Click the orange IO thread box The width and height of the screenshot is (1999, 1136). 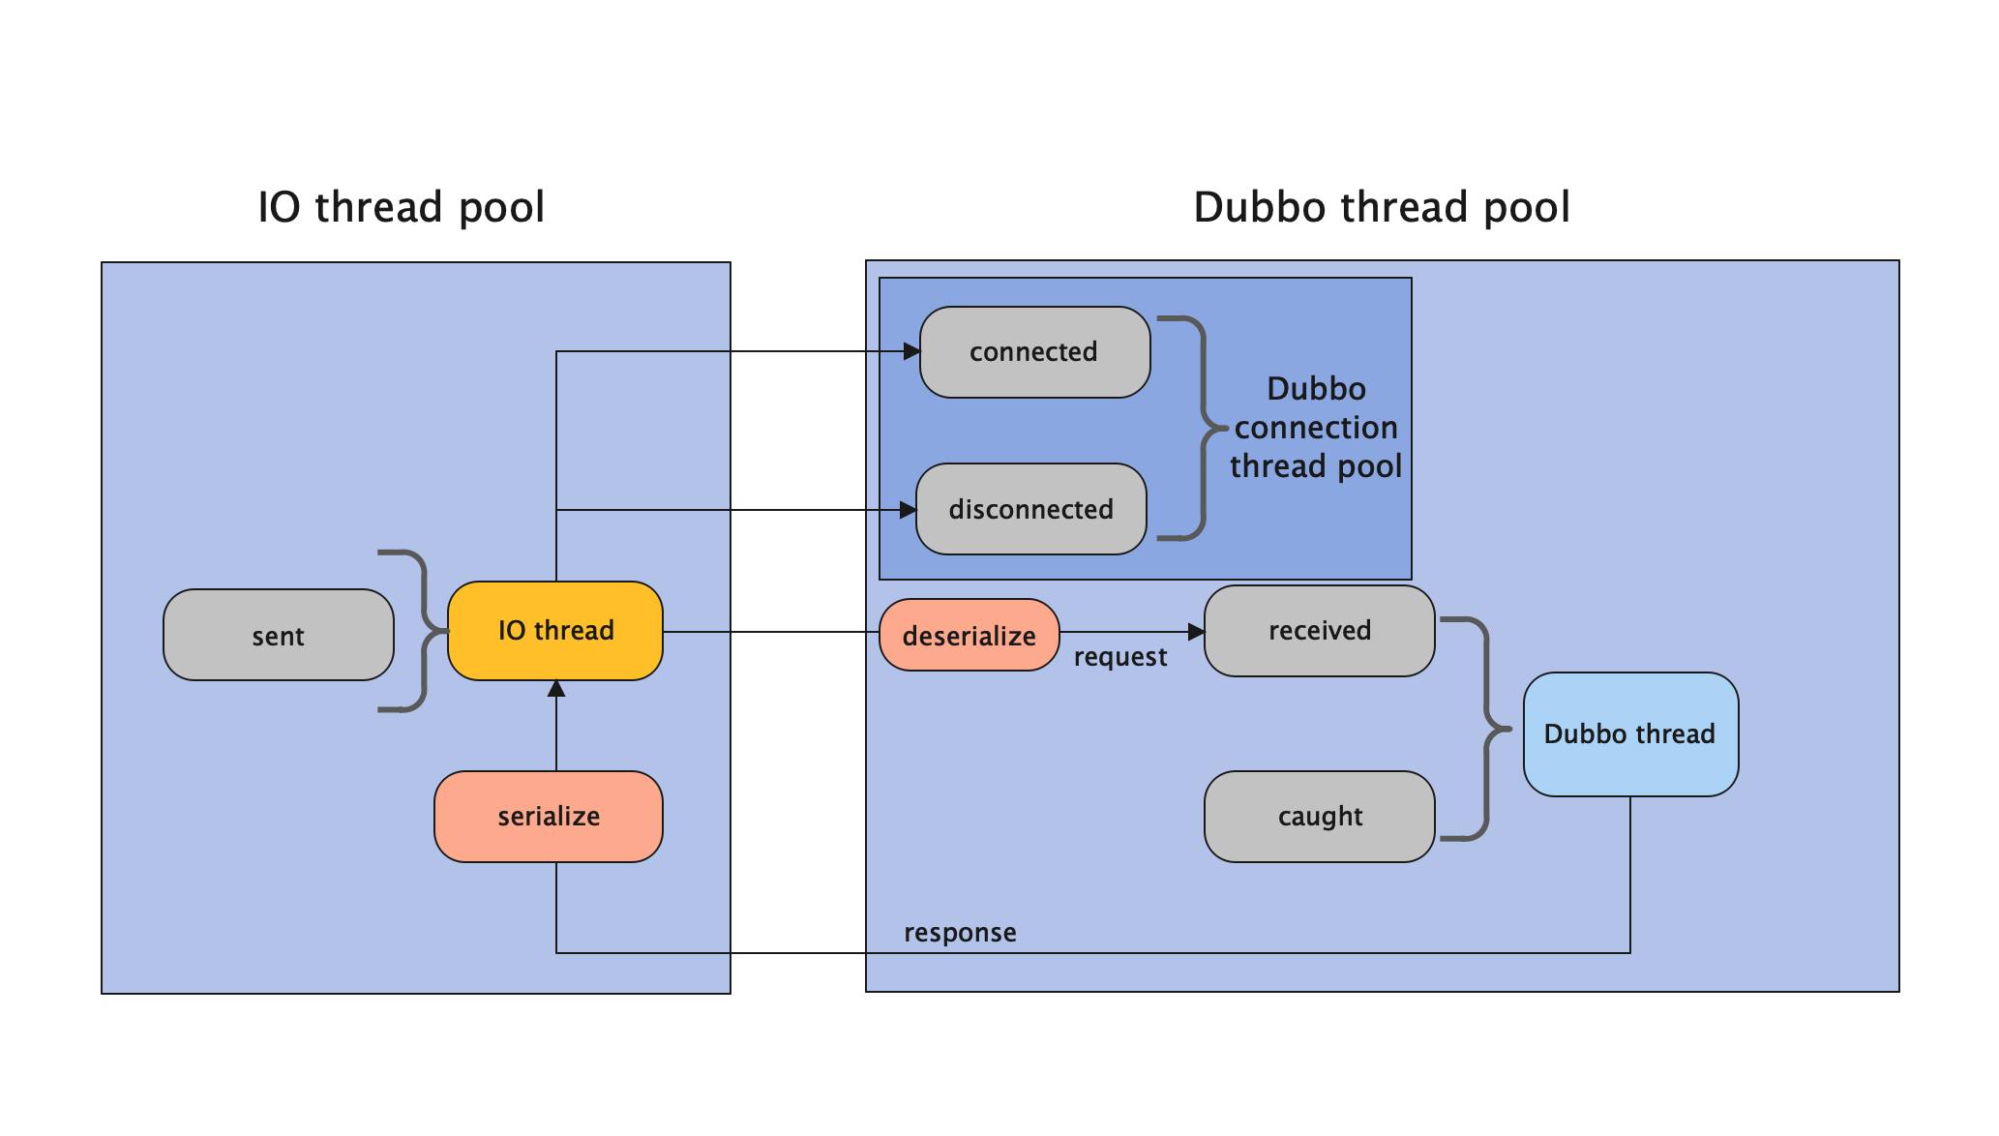[x=554, y=631]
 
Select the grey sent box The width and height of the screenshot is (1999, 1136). [x=279, y=635]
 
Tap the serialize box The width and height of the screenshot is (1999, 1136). [x=548, y=816]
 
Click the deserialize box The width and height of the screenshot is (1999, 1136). [x=969, y=635]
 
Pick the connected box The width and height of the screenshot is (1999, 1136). [x=1033, y=352]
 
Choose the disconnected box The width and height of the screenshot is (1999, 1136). [x=1030, y=509]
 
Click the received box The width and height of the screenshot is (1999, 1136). [x=1319, y=631]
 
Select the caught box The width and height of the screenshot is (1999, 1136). [x=1319, y=816]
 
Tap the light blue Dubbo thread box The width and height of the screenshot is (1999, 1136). [x=1629, y=733]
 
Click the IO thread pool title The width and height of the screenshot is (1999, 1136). [x=401, y=207]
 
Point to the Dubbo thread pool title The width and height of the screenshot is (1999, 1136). [x=1381, y=207]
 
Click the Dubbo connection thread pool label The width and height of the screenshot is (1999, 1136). [x=1315, y=428]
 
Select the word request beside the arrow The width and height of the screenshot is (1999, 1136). [x=1119, y=657]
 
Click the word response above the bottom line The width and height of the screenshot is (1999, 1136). [x=959, y=933]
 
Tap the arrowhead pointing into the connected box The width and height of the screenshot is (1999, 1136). [x=910, y=351]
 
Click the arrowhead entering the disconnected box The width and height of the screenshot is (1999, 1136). [x=907, y=510]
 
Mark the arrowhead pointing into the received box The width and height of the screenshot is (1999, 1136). [x=1196, y=632]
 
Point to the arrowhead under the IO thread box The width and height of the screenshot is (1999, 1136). [x=556, y=689]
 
